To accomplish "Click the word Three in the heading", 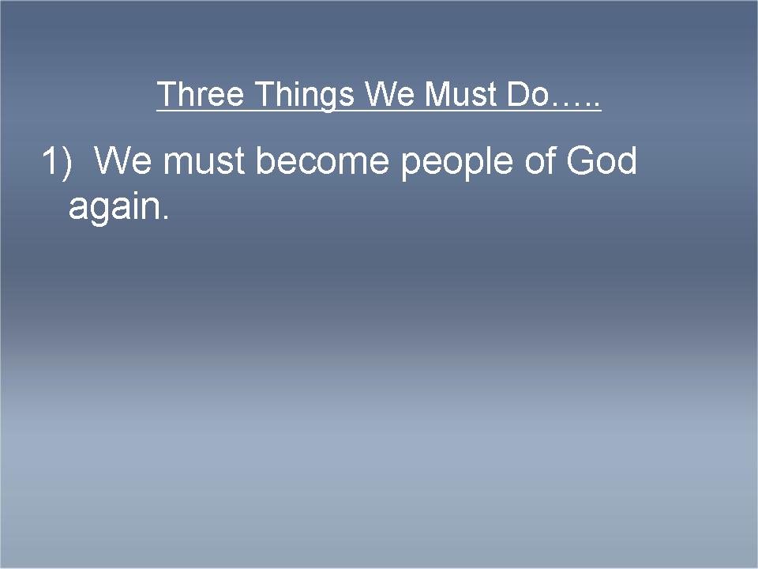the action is [x=200, y=94].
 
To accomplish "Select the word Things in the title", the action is [x=304, y=96].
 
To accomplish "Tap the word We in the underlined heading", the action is [x=389, y=94].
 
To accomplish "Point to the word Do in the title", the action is [x=527, y=94].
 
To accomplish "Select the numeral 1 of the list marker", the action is [x=50, y=160].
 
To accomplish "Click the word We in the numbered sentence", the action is [x=123, y=160].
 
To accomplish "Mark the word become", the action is [x=322, y=160].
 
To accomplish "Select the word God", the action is [x=602, y=160].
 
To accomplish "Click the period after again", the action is [x=166, y=217].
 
